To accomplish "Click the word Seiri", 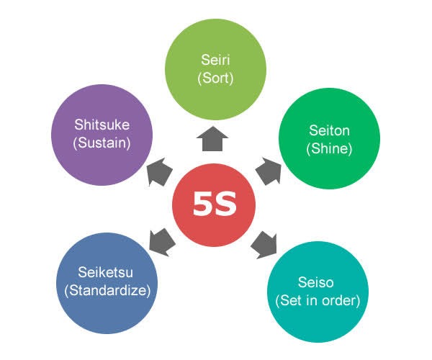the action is pyautogui.click(x=215, y=60).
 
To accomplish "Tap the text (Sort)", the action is pyautogui.click(x=215, y=78).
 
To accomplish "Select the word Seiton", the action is pyautogui.click(x=329, y=130).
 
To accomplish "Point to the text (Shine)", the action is pyautogui.click(x=329, y=149).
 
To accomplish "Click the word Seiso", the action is pyautogui.click(x=316, y=282).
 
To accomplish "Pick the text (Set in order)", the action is pyautogui.click(x=318, y=300).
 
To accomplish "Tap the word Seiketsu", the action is pyautogui.click(x=106, y=272).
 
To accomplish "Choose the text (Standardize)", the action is pyautogui.click(x=107, y=291).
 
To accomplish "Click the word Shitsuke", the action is pyautogui.click(x=102, y=125).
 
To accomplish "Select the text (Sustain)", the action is pyautogui.click(x=102, y=143).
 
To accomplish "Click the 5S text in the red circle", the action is pyautogui.click(x=215, y=204).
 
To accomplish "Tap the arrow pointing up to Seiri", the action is pyautogui.click(x=212, y=139).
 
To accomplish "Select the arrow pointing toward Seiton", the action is pyautogui.click(x=269, y=171).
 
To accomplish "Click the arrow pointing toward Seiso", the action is pyautogui.click(x=264, y=245).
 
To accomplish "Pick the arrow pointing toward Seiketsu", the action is pyautogui.click(x=162, y=242).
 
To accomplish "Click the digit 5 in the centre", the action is pyautogui.click(x=203, y=204).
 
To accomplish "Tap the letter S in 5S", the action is pyautogui.click(x=225, y=204).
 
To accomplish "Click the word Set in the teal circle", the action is pyautogui.click(x=291, y=300).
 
